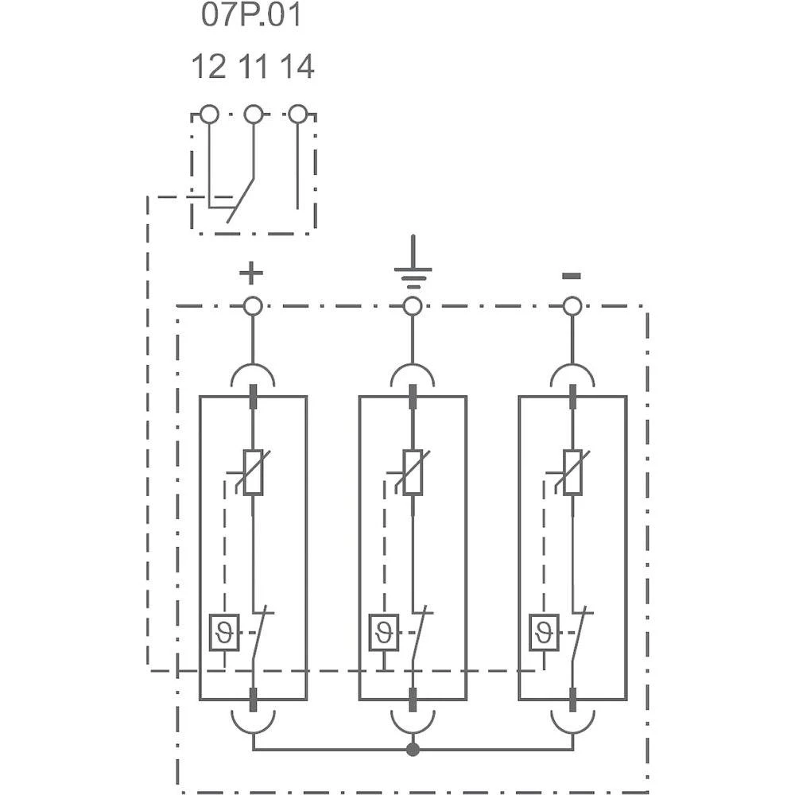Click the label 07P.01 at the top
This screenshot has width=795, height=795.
click(x=251, y=16)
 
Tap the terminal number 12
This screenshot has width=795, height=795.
click(x=209, y=68)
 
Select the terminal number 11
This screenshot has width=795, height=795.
click(x=254, y=68)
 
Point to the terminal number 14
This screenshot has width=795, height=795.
click(x=297, y=68)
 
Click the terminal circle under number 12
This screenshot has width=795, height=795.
click(x=209, y=114)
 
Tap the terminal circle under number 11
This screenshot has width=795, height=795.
click(x=254, y=114)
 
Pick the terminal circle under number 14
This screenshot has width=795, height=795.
click(x=297, y=114)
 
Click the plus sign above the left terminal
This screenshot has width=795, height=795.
click(x=250, y=274)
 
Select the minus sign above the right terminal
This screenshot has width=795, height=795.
click(x=571, y=276)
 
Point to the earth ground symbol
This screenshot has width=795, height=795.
click(x=412, y=266)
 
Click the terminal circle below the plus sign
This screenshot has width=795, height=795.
click(x=253, y=305)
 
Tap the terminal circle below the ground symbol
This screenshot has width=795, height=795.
click(x=412, y=305)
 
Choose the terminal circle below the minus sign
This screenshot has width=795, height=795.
click(x=572, y=305)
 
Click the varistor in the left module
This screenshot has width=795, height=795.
click(x=253, y=472)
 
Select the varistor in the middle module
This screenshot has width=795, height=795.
click(x=413, y=472)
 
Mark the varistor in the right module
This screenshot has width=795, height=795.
click(x=572, y=472)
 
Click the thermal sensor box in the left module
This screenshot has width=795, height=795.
click(x=224, y=633)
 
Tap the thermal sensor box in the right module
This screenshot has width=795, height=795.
click(x=544, y=633)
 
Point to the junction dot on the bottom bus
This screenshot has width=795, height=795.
click(x=412, y=750)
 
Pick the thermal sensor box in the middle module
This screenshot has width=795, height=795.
click(x=384, y=633)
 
